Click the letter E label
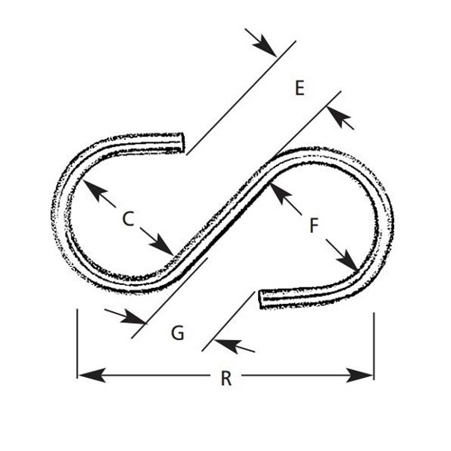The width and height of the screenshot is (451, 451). tap(299, 88)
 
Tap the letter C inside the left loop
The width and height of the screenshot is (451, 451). tap(128, 218)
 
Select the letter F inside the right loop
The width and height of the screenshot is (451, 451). tap(314, 225)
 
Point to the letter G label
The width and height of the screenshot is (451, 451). tap(178, 333)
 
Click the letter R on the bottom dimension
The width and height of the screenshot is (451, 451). tap(226, 379)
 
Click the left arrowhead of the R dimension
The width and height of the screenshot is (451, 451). tap(92, 375)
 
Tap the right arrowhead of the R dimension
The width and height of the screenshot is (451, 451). tap(359, 375)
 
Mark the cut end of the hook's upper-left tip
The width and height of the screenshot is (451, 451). tap(181, 143)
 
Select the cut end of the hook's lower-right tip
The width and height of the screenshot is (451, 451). tap(262, 299)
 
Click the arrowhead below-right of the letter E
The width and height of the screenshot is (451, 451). tap(338, 115)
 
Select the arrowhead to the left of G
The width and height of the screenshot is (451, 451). tap(133, 317)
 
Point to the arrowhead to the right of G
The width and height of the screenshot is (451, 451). tap(227, 344)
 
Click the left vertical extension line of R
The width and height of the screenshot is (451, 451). tap(78, 344)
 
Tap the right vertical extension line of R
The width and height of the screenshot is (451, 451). tap(373, 345)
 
